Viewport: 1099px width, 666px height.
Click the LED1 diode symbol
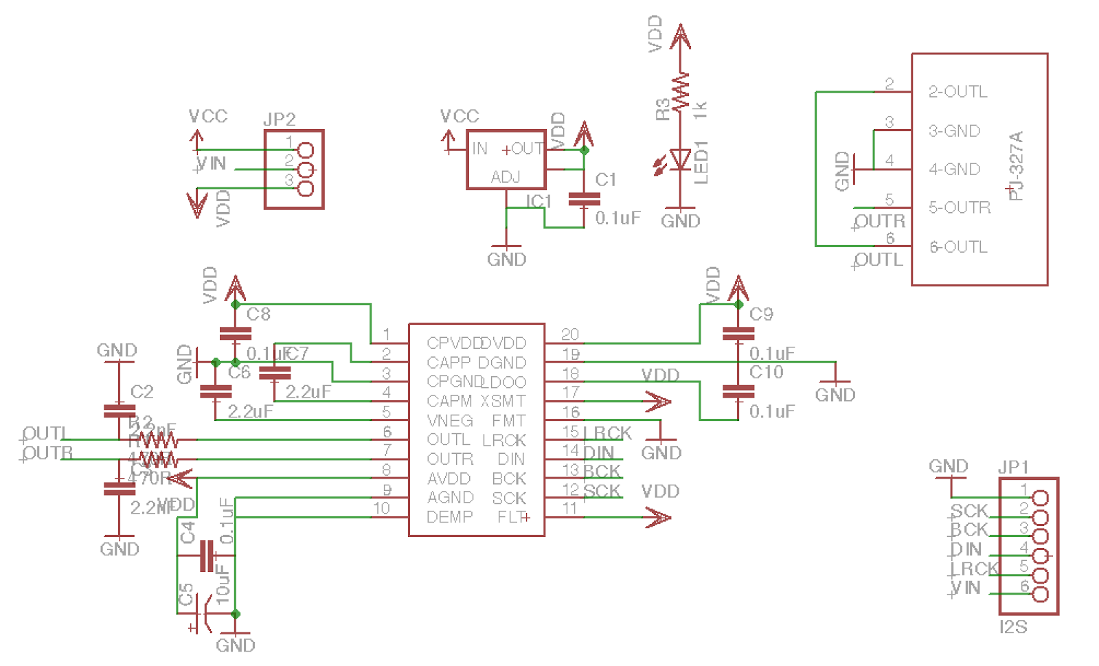680,159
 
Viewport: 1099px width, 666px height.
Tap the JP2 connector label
280,119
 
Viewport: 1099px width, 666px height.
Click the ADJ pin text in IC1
506,177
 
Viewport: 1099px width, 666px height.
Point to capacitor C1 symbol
584,199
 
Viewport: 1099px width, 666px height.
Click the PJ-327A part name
1016,165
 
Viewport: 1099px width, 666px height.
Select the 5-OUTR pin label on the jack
960,207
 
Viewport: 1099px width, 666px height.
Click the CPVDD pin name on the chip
452,343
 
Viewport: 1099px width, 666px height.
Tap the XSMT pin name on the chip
503,401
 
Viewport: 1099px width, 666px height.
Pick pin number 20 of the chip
570,334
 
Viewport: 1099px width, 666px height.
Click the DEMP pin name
450,517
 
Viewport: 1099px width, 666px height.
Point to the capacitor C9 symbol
738,334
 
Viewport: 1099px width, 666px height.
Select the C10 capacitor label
767,372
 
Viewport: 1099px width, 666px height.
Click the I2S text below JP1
1013,627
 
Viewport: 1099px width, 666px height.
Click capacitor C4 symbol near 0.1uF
207,555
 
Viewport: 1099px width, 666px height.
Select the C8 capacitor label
258,314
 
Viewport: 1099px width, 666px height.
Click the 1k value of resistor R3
700,110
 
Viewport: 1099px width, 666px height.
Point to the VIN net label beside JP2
212,163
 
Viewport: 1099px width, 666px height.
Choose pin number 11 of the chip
570,508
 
